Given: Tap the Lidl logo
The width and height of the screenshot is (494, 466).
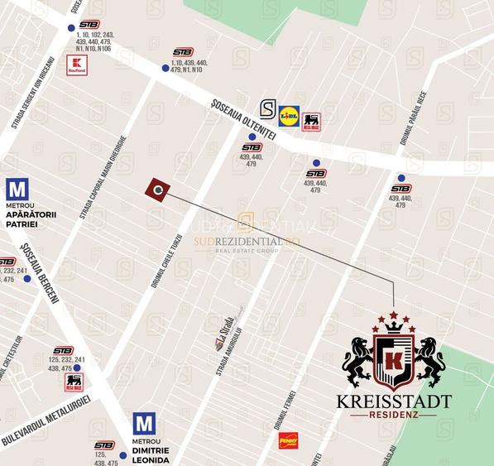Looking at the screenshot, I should tap(289, 115).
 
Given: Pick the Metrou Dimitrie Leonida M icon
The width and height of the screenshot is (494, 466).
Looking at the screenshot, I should tap(144, 425).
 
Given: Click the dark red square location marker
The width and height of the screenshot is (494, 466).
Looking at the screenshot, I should tap(157, 189).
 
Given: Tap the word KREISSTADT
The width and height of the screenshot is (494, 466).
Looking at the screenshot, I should tap(394, 401).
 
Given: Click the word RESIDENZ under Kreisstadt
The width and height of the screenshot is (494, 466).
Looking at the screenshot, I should tap(394, 415).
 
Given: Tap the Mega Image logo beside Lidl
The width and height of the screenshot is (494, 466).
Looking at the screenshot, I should tap(311, 122).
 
